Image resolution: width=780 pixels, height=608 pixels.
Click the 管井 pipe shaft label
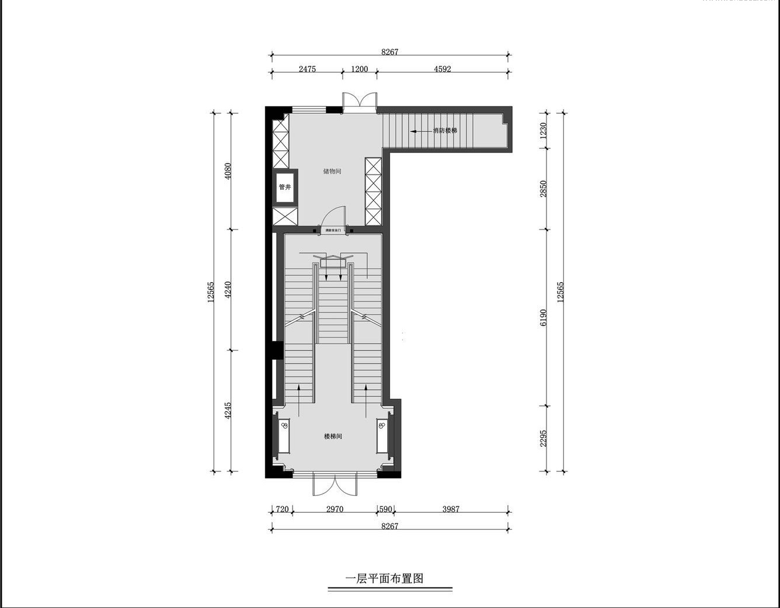click(285, 187)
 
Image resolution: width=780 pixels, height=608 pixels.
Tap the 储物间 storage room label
click(332, 172)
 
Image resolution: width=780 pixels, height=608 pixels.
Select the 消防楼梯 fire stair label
click(445, 131)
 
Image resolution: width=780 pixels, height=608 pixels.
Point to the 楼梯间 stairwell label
click(333, 436)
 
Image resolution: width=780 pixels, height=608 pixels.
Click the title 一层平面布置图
click(385, 579)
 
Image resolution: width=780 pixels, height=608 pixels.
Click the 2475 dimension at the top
click(307, 69)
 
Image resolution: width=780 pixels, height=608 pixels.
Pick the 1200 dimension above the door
click(359, 69)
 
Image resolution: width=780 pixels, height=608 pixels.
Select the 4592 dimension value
click(443, 69)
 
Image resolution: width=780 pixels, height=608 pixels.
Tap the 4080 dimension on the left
click(228, 171)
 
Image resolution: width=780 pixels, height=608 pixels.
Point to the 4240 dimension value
click(228, 290)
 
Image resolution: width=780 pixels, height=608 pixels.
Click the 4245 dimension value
click(228, 411)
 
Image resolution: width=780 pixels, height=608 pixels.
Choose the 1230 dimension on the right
click(544, 130)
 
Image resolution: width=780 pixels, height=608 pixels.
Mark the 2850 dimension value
click(544, 189)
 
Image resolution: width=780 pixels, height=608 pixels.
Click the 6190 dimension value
click(544, 317)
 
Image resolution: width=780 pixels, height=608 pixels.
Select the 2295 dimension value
click(544, 439)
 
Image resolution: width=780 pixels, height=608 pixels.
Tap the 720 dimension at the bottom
click(282, 509)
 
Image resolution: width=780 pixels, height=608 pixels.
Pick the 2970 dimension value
click(335, 509)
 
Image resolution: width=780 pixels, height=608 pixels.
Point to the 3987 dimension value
click(451, 509)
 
